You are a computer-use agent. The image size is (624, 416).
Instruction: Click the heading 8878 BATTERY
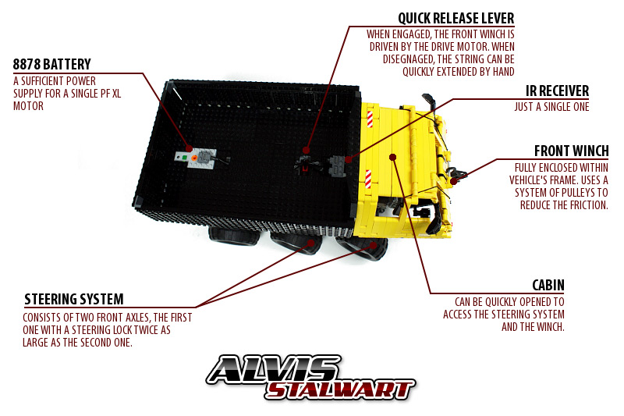51,64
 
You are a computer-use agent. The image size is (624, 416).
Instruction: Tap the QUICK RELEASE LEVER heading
456,18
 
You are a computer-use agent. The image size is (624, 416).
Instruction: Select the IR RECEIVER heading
557,91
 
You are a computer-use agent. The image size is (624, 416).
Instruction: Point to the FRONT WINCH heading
572,151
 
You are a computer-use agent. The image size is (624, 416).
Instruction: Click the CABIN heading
548,285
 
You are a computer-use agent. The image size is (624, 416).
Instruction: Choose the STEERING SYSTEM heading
74,299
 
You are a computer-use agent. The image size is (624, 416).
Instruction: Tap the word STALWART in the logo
340,389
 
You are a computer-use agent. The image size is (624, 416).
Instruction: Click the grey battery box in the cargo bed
196,157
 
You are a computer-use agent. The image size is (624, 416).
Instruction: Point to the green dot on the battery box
184,158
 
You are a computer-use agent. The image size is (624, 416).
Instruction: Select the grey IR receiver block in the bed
338,165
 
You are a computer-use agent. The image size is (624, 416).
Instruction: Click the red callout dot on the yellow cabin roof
393,157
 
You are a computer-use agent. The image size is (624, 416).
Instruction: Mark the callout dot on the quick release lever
306,150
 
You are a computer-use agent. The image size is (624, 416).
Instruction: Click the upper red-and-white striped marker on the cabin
370,119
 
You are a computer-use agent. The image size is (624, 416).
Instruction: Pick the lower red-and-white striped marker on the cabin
368,179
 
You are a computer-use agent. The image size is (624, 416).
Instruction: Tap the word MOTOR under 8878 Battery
28,106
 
